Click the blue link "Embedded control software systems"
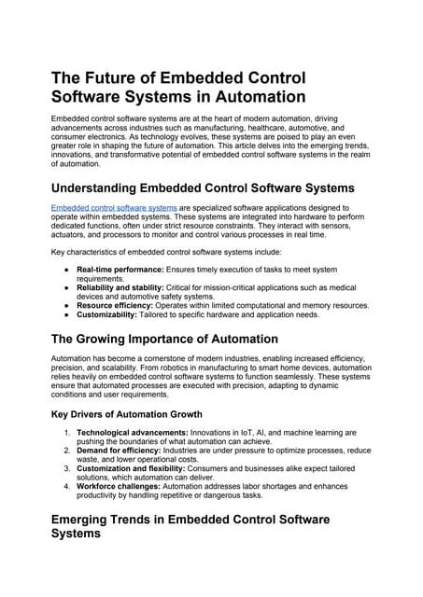113,207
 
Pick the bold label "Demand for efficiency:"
119,450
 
